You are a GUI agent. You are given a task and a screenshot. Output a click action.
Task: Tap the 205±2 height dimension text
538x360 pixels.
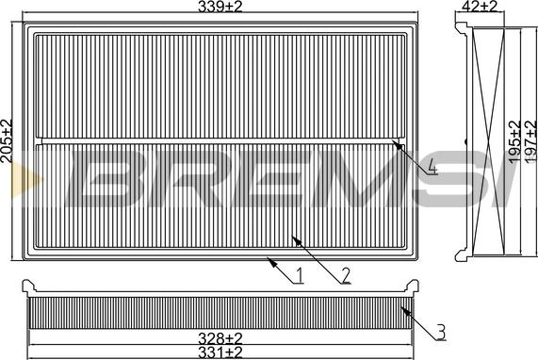pyautogui.click(x=8, y=141)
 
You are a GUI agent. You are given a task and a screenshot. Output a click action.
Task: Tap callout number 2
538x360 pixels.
pyautogui.click(x=346, y=276)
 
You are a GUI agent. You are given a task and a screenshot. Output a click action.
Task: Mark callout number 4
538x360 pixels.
pyautogui.click(x=431, y=170)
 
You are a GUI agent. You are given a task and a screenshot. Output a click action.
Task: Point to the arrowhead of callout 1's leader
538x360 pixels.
pyautogui.click(x=268, y=258)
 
